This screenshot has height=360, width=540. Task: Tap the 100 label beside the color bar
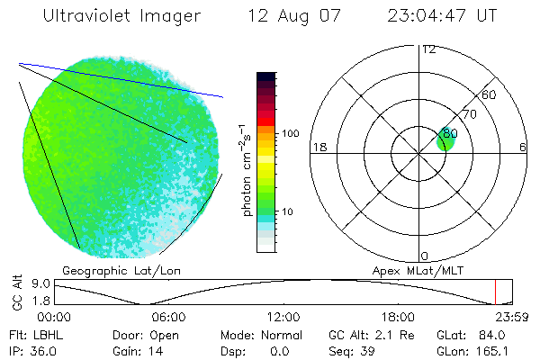(x=289, y=133)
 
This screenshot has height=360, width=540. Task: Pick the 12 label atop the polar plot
(x=429, y=49)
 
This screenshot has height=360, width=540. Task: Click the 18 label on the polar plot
(x=318, y=147)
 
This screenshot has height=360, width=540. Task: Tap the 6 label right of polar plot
(x=523, y=147)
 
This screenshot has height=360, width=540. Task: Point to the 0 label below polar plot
(x=425, y=256)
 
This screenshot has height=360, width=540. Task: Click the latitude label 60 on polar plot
(x=490, y=94)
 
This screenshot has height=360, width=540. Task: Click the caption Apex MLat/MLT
(x=417, y=269)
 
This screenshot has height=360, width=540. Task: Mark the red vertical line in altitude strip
(x=495, y=292)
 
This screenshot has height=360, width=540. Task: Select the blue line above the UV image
(x=121, y=80)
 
